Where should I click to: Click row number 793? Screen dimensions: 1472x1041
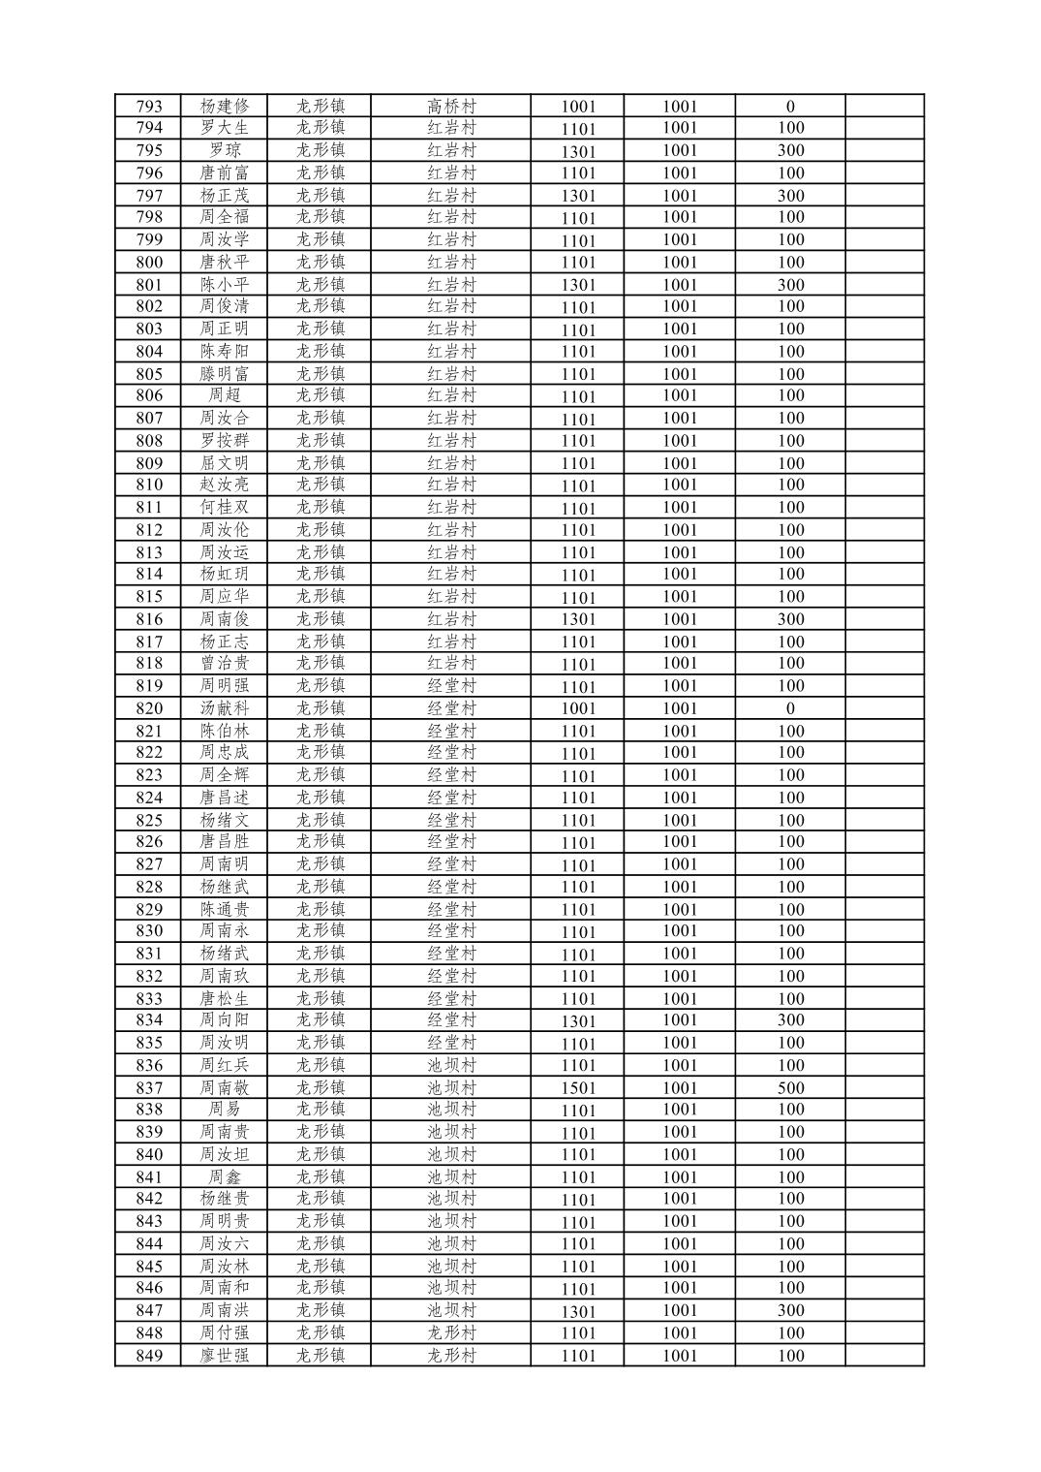point(149,107)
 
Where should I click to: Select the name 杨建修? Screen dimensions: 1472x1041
point(225,107)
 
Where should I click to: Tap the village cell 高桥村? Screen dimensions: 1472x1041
point(452,107)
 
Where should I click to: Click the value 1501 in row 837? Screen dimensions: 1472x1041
point(578,1088)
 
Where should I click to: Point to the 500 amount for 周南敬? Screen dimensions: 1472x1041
point(790,1088)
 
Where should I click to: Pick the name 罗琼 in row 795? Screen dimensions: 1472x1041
point(225,150)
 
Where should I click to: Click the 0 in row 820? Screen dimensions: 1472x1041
point(790,708)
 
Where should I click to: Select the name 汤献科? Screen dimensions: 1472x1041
point(225,708)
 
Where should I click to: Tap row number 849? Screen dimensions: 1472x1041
point(149,1356)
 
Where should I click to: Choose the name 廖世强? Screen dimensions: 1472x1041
point(225,1356)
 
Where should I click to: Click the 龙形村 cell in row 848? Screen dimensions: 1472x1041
point(452,1332)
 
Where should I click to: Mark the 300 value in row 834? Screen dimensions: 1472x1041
point(790,1020)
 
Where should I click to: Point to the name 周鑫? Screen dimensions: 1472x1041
point(225,1176)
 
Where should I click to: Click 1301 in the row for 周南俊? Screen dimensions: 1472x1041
point(578,619)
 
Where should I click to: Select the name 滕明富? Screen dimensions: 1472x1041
point(225,374)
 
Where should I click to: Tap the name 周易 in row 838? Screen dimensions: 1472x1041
point(225,1110)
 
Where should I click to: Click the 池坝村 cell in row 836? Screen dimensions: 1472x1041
point(452,1065)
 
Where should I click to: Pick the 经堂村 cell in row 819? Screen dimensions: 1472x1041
point(452,686)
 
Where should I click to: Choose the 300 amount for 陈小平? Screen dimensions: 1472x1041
point(790,285)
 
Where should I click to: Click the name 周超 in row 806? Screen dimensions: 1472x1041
point(225,395)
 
